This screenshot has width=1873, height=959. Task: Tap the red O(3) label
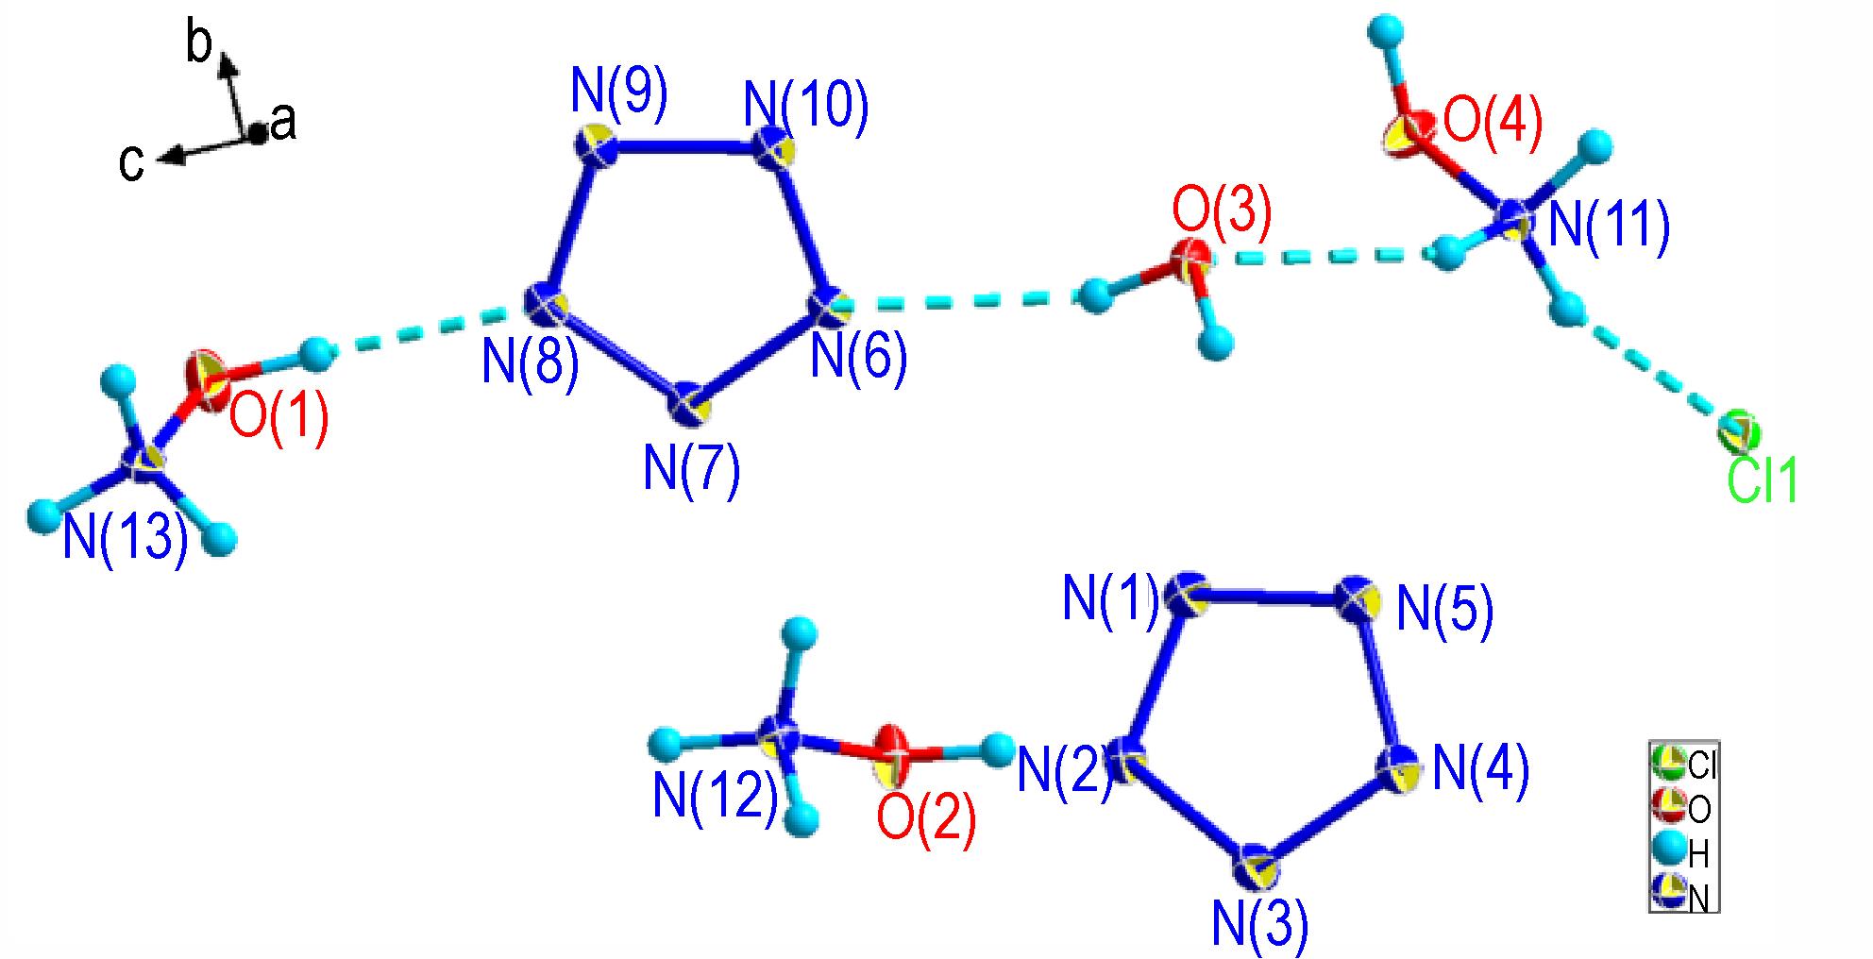pyautogui.click(x=1222, y=211)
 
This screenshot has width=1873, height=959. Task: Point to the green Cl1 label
pyautogui.click(x=1763, y=481)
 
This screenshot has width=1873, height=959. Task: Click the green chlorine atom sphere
pyautogui.click(x=1739, y=432)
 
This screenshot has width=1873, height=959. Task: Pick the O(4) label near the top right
pyautogui.click(x=1493, y=124)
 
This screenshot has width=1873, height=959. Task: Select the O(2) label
pyautogui.click(x=926, y=818)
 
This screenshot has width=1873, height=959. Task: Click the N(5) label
pyautogui.click(x=1445, y=609)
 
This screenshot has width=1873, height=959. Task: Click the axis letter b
pyautogui.click(x=199, y=43)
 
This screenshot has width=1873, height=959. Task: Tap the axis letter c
pyautogui.click(x=131, y=163)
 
